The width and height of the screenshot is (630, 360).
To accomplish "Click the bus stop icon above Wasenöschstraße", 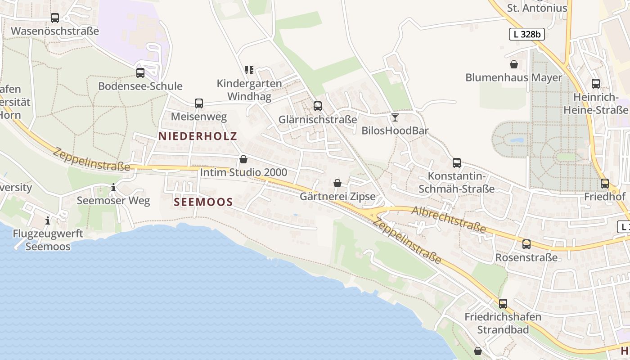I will tap(55, 18).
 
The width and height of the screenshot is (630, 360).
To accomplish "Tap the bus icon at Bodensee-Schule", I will tap(140, 72).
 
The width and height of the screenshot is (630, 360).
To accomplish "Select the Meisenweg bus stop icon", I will tap(199, 103).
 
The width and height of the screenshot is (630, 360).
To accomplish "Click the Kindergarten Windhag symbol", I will tap(249, 70).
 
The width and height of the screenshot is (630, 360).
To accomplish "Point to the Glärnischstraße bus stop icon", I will tap(318, 106).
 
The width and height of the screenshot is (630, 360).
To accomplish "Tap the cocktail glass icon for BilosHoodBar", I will tap(395, 117).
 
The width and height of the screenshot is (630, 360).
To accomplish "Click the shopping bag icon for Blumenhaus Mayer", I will tap(514, 64).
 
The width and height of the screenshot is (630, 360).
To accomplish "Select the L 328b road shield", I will tap(527, 34).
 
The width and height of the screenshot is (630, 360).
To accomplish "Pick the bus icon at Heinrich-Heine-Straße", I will tap(596, 84).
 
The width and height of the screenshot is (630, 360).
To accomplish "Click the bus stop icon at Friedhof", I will tap(605, 184).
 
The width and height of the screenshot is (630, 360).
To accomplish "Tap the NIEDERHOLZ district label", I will tap(198, 136).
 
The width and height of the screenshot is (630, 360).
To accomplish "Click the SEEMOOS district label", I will tap(203, 202).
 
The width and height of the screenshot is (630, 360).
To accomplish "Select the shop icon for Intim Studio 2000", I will tap(243, 159).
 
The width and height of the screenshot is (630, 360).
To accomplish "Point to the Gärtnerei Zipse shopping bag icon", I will tap(337, 183).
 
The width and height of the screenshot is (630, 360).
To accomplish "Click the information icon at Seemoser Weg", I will tap(113, 187).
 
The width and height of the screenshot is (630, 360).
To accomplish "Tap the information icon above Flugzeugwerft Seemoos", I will tap(48, 220).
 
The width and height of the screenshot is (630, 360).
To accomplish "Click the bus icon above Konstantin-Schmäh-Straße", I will tap(457, 163).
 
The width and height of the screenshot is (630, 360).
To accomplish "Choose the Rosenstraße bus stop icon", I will tap(526, 245).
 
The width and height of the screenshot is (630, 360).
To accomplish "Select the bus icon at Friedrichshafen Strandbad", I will tap(503, 304).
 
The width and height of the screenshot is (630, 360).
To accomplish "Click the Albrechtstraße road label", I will tap(449, 220).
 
